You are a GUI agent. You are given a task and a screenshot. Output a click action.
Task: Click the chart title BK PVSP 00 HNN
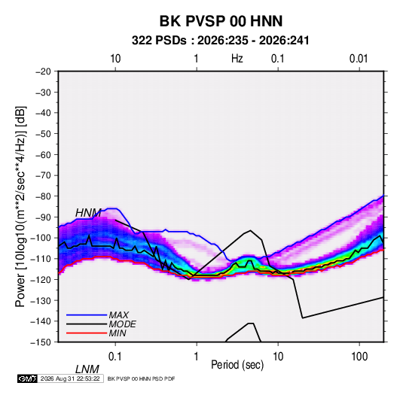pos(221,21)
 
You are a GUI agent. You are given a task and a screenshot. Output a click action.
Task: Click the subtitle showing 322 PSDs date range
pos(220,41)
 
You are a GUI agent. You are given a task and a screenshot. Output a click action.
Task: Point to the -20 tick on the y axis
pos(43,71)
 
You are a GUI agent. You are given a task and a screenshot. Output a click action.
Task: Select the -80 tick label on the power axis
pos(43,196)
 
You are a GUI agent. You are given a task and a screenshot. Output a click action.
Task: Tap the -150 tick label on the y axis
pos(41,342)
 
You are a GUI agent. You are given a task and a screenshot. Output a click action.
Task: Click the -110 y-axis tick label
pos(41,259)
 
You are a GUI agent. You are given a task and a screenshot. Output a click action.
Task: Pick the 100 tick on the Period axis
pos(359,357)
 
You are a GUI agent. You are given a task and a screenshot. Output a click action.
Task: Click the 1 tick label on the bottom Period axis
pos(197,357)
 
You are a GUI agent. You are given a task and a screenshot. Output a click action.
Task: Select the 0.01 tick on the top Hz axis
pos(359,59)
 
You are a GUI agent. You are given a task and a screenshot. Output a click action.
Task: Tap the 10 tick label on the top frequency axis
pos(115,59)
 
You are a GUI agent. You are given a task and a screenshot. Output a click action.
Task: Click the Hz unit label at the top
pos(237,59)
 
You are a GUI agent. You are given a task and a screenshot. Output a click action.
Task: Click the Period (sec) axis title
pos(237,365)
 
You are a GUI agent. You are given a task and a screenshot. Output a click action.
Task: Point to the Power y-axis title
pos(20,206)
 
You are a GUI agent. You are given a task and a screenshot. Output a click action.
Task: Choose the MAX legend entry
pos(119,315)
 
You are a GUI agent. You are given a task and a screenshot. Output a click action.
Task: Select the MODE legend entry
pos(122,324)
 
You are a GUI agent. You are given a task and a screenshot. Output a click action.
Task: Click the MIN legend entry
pos(118,333)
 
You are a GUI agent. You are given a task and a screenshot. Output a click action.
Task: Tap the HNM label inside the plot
pos(88,213)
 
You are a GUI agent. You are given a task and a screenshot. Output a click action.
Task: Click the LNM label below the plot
pos(87,369)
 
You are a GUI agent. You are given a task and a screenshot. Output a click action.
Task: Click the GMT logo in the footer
pos(28,378)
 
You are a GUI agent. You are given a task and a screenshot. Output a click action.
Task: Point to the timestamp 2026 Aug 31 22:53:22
pos(70,378)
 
